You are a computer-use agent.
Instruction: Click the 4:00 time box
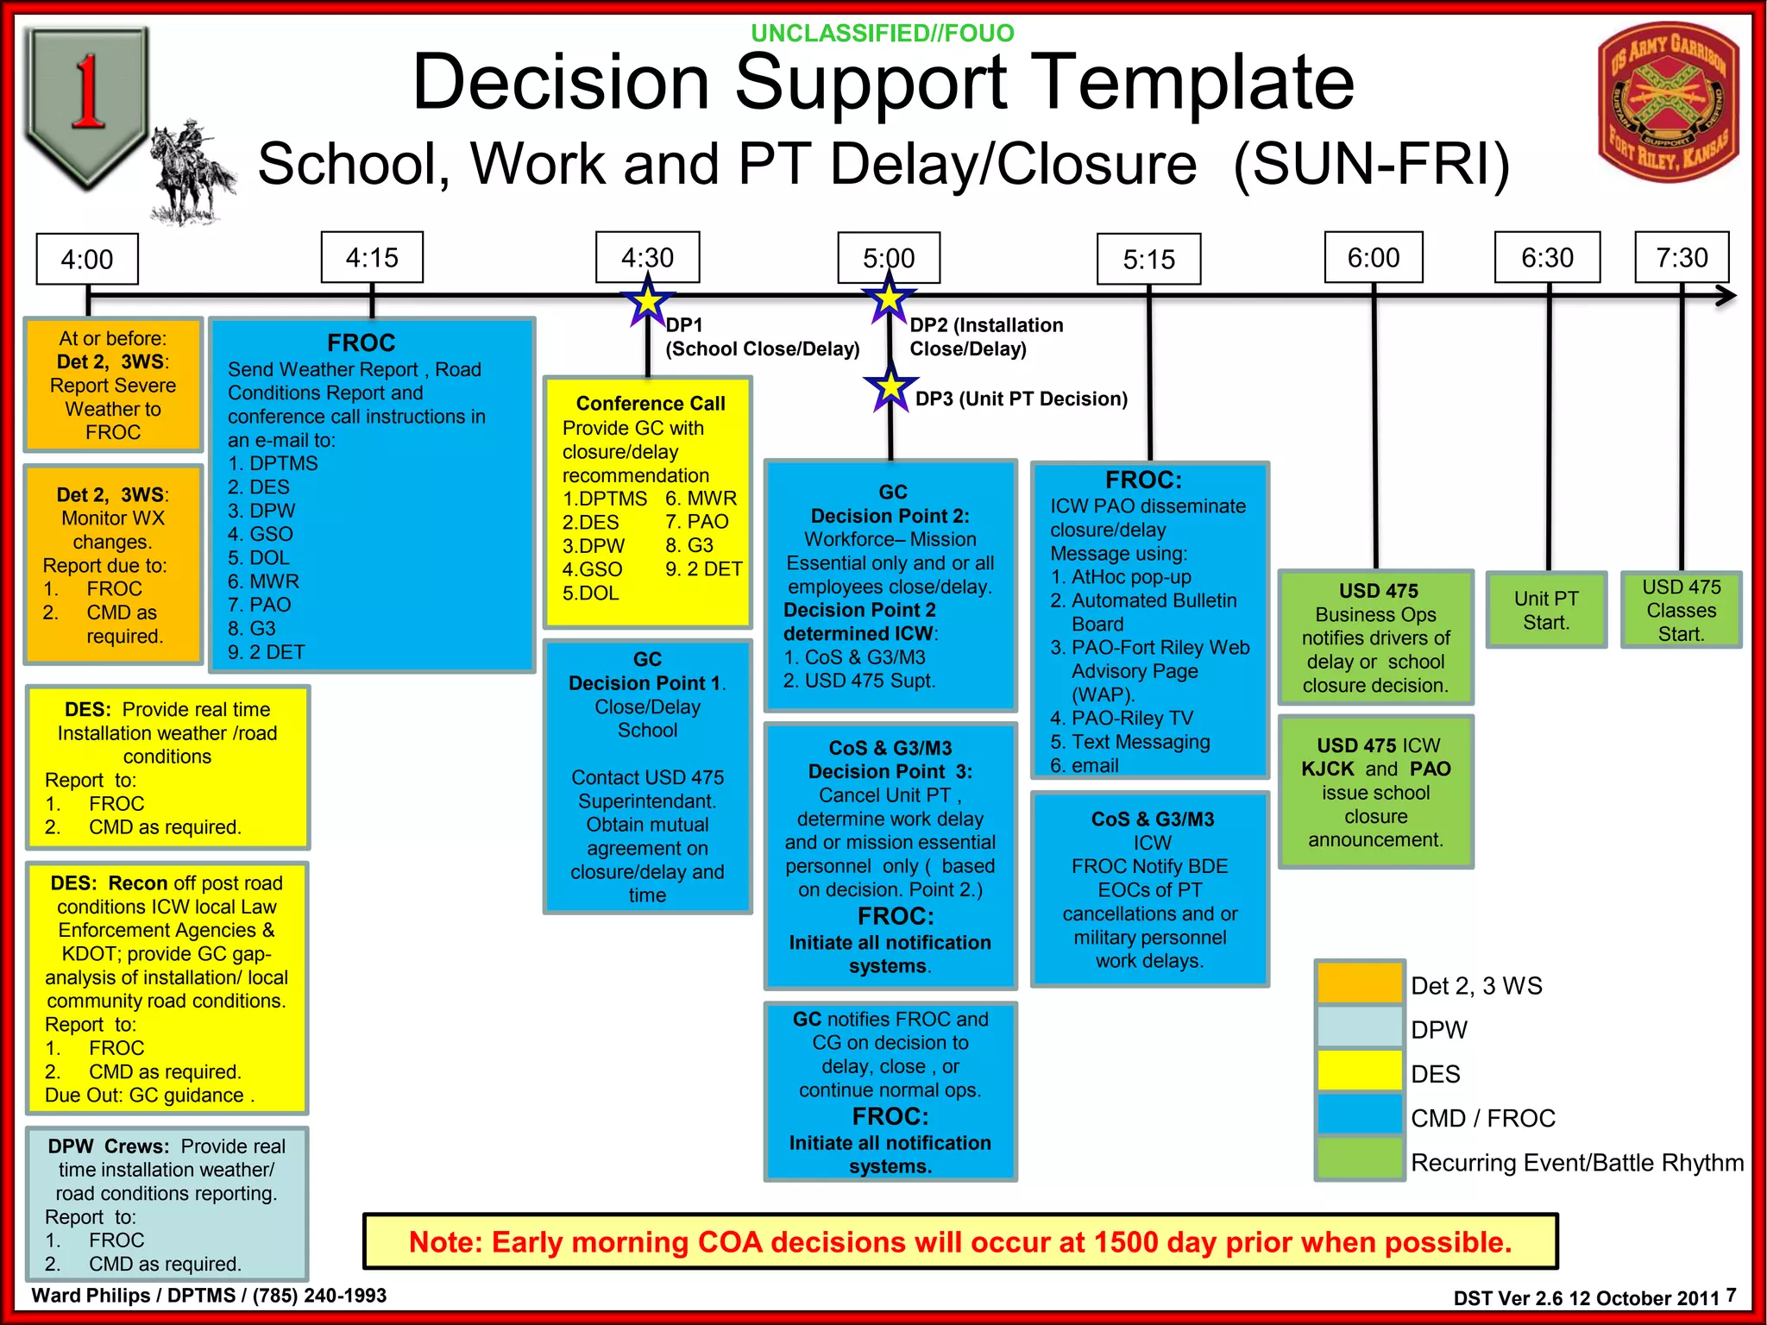coord(87,259)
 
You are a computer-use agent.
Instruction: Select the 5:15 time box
coord(1148,259)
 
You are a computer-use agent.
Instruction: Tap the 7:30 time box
coord(1682,257)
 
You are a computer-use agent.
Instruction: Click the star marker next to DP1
coord(648,301)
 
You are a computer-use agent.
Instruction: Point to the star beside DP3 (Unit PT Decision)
coord(890,388)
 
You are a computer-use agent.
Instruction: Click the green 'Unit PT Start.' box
coord(1546,610)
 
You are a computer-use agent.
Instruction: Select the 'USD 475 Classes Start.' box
coord(1681,610)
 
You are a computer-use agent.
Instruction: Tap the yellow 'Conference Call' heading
coord(651,403)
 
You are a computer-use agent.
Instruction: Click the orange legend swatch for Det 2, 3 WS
coord(1360,983)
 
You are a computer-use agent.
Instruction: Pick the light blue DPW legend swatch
coord(1360,1027)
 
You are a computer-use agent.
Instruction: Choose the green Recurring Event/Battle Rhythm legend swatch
coord(1360,1159)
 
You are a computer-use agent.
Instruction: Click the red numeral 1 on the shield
coord(87,92)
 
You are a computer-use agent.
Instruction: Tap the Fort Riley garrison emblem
coord(1668,103)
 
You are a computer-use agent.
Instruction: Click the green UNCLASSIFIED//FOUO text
coord(883,34)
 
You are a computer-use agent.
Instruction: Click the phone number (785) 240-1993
coord(319,1296)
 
